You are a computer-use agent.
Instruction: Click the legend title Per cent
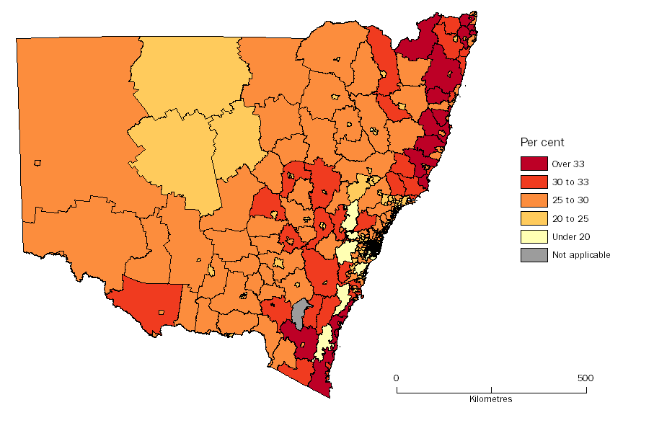[x=542, y=143]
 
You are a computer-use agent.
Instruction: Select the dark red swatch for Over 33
[x=534, y=164]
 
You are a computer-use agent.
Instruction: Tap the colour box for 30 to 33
[x=534, y=182]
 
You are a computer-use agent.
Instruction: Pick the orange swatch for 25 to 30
[x=534, y=200]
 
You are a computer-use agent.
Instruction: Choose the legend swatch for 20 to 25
[x=534, y=218]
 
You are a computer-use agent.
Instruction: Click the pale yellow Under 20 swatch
[x=534, y=236]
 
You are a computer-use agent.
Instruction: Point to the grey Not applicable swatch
[x=534, y=254]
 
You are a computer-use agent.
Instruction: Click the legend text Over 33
[x=568, y=164]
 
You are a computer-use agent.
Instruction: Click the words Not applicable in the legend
[x=581, y=254]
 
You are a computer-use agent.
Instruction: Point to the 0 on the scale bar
[x=396, y=378]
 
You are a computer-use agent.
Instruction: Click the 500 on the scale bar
[x=585, y=378]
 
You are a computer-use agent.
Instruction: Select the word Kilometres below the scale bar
[x=490, y=399]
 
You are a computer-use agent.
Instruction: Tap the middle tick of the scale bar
[x=491, y=390]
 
